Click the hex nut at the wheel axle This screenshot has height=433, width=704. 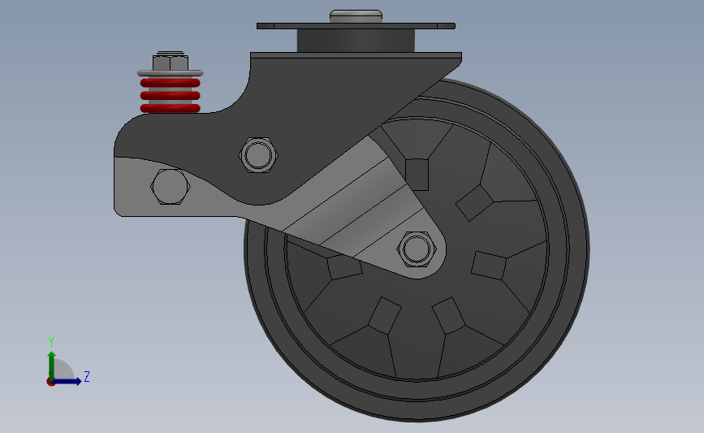pyautogui.click(x=417, y=249)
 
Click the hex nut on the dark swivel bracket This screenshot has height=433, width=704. pyautogui.click(x=258, y=155)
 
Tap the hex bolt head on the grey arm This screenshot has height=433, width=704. pyautogui.click(x=170, y=186)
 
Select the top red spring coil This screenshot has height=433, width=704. pyautogui.click(x=171, y=83)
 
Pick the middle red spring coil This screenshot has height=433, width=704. pyautogui.click(x=171, y=96)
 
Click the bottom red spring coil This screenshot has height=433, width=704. pyautogui.click(x=171, y=108)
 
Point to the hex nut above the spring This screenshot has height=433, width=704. pyautogui.click(x=171, y=63)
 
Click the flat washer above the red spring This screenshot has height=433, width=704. pyautogui.click(x=171, y=73)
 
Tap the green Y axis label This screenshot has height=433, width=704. pyautogui.click(x=51, y=342)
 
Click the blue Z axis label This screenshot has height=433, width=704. pyautogui.click(x=87, y=376)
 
